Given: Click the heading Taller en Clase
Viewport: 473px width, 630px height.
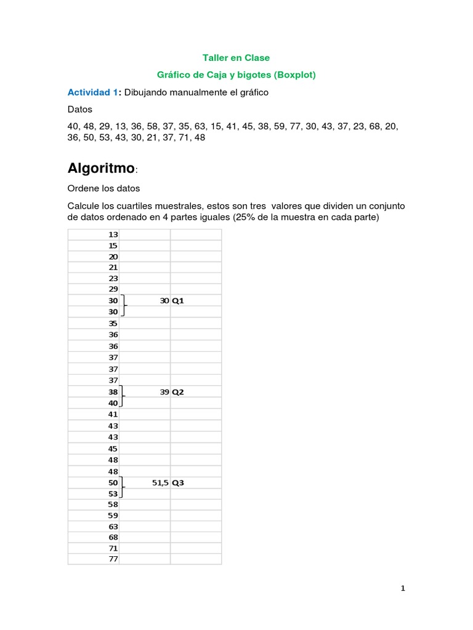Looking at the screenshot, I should pos(236,58).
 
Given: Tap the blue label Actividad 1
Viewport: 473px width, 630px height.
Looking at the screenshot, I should pos(92,92).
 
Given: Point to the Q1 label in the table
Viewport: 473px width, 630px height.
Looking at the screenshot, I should pos(178,301).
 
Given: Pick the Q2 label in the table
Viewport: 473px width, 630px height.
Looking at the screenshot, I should pos(178,392).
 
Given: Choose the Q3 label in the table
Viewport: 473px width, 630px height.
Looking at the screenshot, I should pos(178,483).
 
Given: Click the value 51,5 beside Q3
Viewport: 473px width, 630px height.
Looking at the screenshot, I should pos(160,483).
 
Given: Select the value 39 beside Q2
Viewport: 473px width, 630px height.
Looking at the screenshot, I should pos(164,392).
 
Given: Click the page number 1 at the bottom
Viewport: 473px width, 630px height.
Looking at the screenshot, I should pos(403,589).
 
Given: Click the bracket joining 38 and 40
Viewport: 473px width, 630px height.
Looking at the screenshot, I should pos(123,397).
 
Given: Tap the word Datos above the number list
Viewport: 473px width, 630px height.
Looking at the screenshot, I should pos(79,110).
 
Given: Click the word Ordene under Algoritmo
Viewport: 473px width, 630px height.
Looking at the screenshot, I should pos(82,188).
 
